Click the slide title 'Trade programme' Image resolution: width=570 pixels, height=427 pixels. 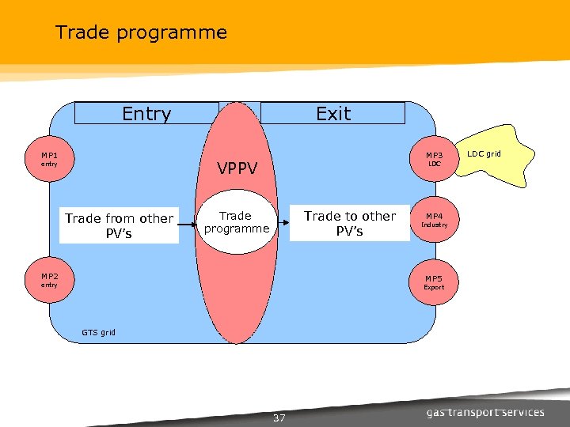(x=141, y=32)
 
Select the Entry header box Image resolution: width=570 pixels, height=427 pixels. (x=146, y=114)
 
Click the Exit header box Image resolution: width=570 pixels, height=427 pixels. (x=332, y=114)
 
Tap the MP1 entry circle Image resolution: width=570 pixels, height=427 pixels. (x=49, y=160)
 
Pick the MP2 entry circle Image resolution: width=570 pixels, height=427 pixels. (x=49, y=281)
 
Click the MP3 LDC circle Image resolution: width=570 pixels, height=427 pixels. (x=434, y=160)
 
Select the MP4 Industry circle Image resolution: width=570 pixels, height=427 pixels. (x=434, y=220)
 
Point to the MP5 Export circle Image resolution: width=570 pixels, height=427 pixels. (x=434, y=282)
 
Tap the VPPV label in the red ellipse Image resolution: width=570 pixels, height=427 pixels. (x=245, y=168)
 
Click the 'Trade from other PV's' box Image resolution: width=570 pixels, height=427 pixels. (x=120, y=225)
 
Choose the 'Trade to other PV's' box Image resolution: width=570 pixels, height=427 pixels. (x=349, y=223)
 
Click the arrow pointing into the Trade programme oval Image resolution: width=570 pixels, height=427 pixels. (x=187, y=225)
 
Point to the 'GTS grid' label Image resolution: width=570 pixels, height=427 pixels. (x=98, y=332)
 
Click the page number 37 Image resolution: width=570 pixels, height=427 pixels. (x=279, y=418)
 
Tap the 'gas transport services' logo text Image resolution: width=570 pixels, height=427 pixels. (x=485, y=412)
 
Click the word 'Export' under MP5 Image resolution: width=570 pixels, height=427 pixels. (x=434, y=288)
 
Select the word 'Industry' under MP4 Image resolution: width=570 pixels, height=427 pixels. (x=434, y=225)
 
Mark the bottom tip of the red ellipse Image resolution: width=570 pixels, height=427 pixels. (x=237, y=342)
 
